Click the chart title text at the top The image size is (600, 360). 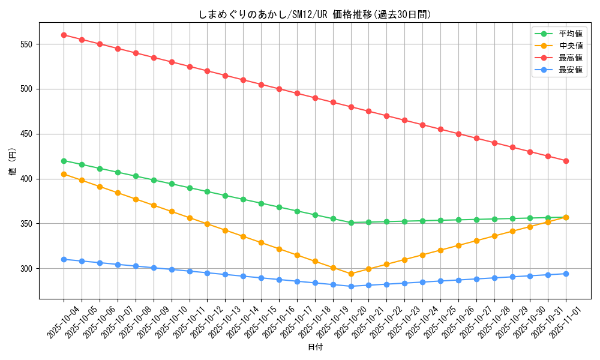(x=314, y=14)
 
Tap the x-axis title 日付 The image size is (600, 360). (x=314, y=347)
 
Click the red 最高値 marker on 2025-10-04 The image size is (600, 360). (x=64, y=35)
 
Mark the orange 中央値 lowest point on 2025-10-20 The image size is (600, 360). (x=351, y=274)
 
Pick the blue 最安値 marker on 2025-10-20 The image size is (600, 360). (x=351, y=286)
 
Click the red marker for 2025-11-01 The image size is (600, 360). (x=566, y=161)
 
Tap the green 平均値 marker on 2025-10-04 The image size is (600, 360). (x=64, y=161)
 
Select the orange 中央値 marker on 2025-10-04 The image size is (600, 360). (x=64, y=174)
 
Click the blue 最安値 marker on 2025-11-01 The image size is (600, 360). (x=566, y=274)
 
